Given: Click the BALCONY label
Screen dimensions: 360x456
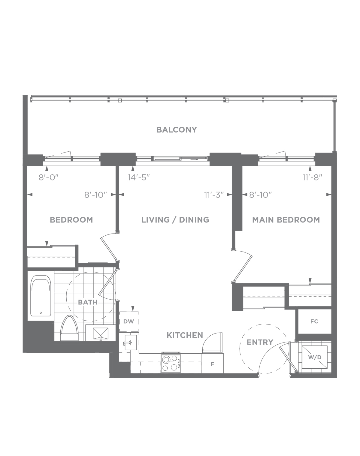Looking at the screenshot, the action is (x=177, y=130).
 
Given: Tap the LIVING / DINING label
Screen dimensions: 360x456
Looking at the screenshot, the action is (x=175, y=220).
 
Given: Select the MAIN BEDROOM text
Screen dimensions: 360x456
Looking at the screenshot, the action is (x=286, y=220).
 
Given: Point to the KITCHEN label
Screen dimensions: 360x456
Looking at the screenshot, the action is (x=185, y=335).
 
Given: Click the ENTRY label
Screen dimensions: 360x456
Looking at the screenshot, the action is (x=260, y=342).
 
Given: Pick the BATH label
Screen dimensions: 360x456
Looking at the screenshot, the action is (x=88, y=302).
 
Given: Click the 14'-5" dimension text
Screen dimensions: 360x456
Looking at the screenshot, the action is (x=139, y=177).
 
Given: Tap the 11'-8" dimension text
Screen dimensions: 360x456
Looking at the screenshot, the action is (x=312, y=177).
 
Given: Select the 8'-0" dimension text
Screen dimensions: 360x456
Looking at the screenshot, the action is (x=48, y=177).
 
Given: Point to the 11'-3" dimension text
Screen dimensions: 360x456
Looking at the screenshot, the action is (x=214, y=195).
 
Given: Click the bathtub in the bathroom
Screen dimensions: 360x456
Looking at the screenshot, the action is (x=41, y=296).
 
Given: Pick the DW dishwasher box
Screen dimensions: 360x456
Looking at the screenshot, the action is (x=129, y=322).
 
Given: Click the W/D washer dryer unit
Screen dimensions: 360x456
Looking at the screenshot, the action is (x=315, y=357).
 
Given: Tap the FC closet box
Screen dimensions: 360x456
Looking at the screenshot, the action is (x=314, y=322).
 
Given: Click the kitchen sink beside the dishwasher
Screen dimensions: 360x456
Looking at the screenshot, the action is (x=131, y=342).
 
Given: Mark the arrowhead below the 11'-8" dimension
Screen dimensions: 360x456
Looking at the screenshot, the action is (x=310, y=168).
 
